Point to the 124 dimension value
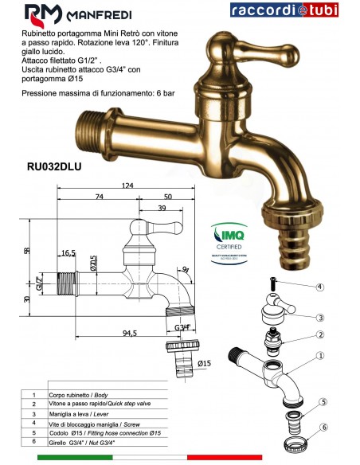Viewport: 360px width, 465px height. [127, 186]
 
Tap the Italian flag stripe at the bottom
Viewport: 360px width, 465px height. [179, 459]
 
